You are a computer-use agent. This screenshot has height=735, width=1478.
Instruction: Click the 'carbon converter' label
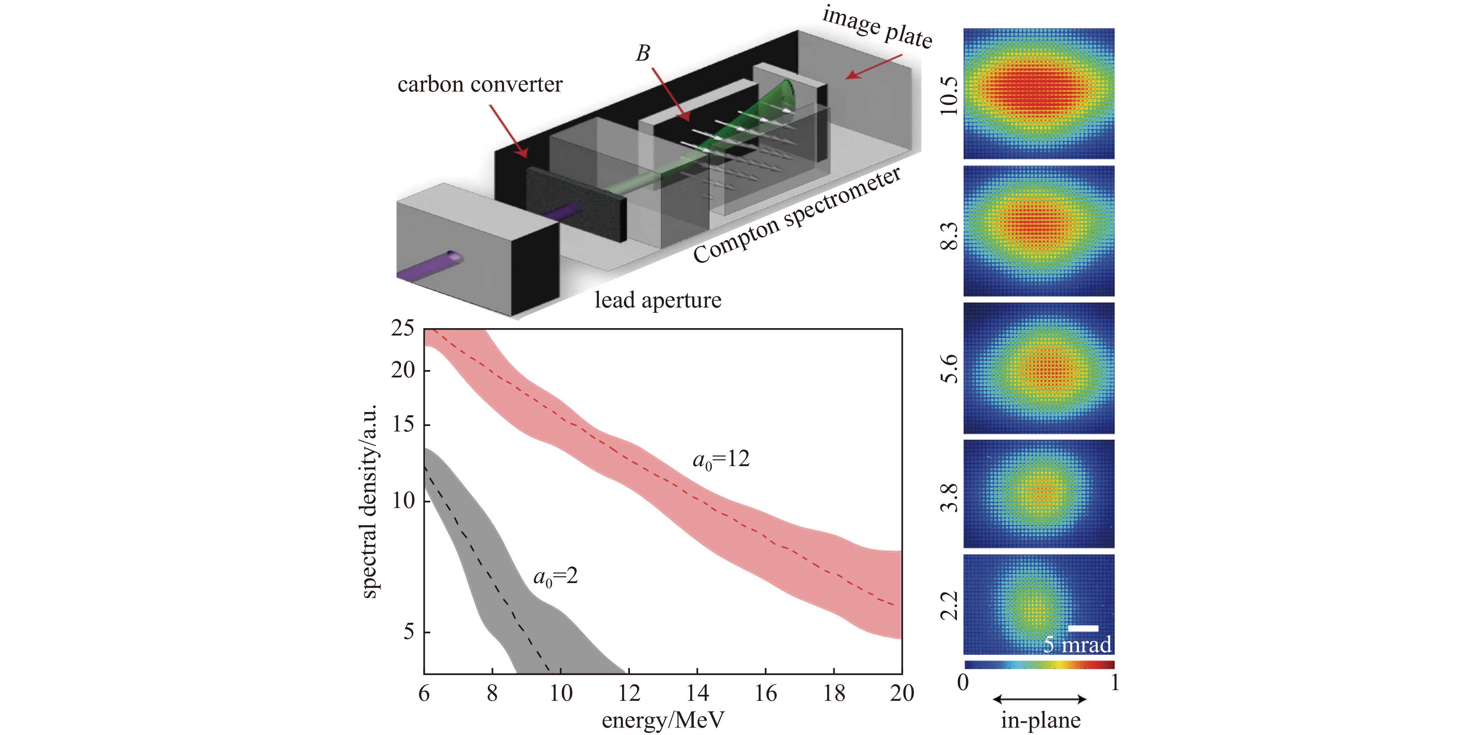coord(480,85)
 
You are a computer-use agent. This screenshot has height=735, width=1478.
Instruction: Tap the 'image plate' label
coord(877,28)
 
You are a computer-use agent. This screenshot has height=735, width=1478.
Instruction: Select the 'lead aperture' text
coord(658,300)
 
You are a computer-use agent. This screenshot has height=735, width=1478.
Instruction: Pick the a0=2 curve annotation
coord(555,576)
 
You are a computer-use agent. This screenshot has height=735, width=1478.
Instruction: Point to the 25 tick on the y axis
coord(402,329)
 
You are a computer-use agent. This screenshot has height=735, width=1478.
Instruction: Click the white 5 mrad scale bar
coord(1083,628)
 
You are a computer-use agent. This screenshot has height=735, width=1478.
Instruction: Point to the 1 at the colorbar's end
coord(1114,683)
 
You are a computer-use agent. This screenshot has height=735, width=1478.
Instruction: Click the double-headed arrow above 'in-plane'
coord(1039,699)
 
